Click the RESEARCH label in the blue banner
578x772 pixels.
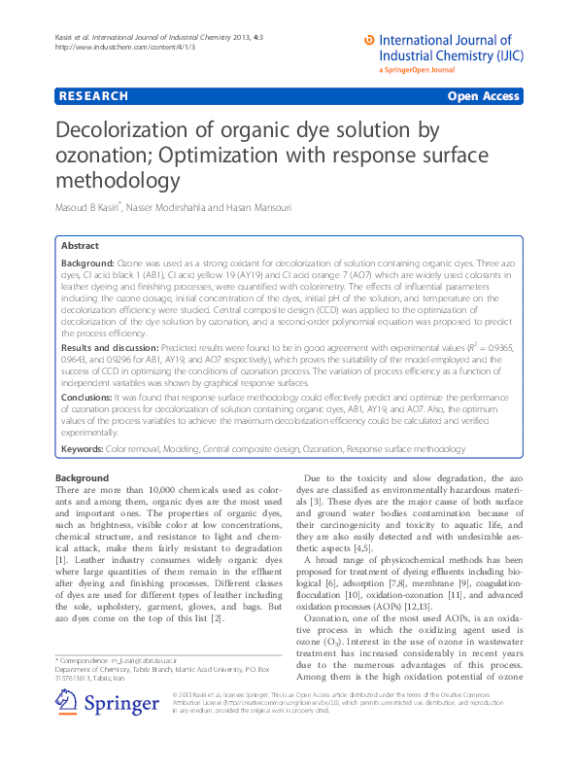point(93,96)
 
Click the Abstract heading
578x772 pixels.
point(81,247)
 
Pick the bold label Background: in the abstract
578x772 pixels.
point(87,264)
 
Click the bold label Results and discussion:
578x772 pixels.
point(110,347)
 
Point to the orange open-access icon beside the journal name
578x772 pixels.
point(368,40)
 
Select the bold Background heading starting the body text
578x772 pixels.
point(82,478)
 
